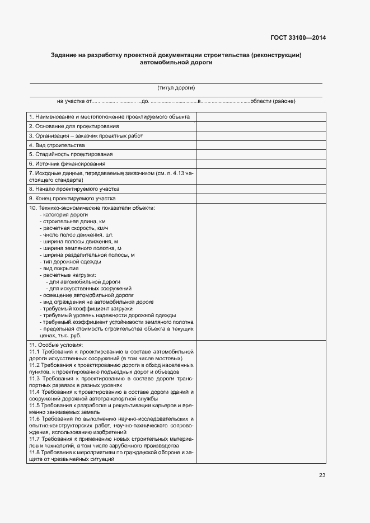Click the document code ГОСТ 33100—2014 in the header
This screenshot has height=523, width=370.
298,39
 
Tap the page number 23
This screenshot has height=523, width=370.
322,475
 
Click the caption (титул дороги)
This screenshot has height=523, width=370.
176,88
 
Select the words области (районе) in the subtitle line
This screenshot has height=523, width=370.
273,101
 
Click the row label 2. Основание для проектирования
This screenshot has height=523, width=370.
70,126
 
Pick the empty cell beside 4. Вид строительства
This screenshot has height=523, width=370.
260,145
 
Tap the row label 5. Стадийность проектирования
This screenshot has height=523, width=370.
71,154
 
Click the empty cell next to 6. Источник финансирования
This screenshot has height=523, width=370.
260,163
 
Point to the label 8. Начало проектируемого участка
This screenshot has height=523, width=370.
74,189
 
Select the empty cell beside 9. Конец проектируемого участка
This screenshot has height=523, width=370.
260,198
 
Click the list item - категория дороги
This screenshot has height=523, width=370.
64,215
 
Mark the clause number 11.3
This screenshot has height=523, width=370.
34,379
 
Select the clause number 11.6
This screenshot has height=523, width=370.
34,419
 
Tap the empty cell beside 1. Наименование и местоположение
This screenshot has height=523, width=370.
260,117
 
